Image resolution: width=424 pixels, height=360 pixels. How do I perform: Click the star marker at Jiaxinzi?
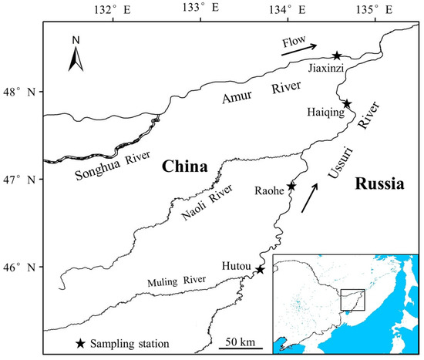337,56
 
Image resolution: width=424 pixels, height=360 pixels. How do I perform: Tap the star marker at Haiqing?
347,104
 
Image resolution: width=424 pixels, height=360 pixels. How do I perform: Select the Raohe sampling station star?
291,187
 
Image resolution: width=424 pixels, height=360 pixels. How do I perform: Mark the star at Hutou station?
260,269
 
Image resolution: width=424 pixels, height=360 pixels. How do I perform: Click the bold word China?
184,167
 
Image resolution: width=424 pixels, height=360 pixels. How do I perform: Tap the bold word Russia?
381,183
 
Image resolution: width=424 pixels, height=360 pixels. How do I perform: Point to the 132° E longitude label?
115,8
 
